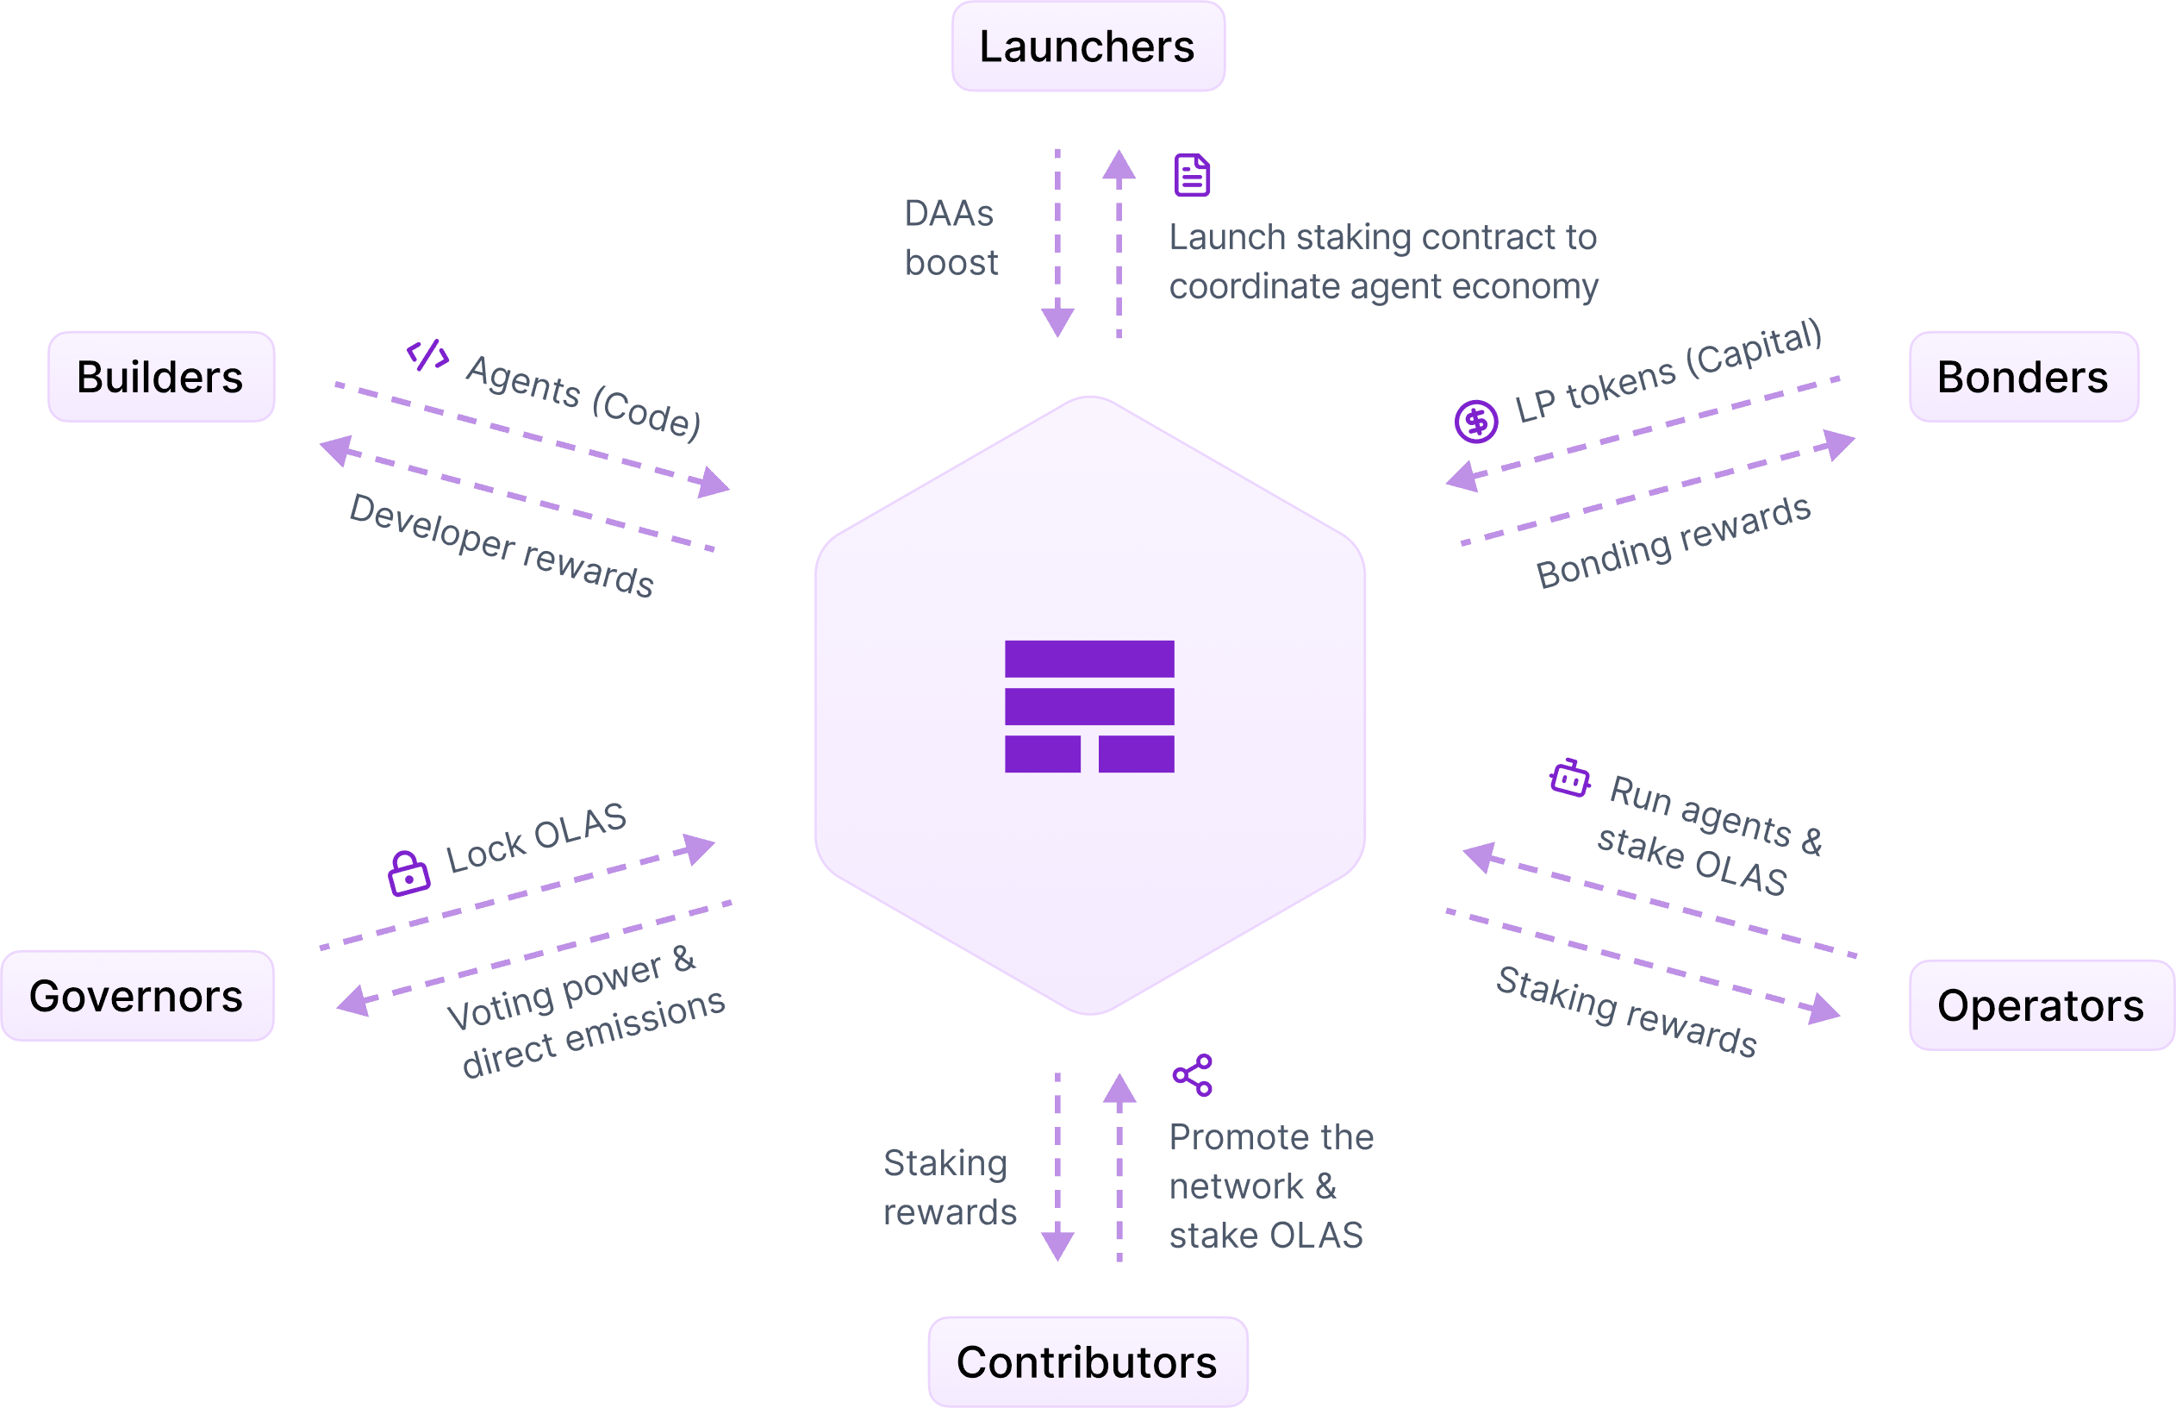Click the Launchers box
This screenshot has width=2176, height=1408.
[x=1088, y=47]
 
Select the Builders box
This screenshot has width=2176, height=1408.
[x=161, y=377]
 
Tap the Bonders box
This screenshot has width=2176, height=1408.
[x=2023, y=377]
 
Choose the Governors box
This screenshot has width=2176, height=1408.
[x=137, y=996]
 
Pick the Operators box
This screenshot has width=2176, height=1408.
[x=2040, y=1005]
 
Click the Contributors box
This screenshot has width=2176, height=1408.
[x=1087, y=1362]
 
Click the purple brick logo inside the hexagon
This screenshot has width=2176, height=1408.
[x=1089, y=707]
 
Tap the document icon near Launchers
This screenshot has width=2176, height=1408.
[x=1192, y=176]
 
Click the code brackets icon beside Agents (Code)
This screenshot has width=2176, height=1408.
[x=427, y=354]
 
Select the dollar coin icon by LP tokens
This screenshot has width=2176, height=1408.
[x=1476, y=422]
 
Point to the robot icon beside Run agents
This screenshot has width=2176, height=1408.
[x=1570, y=778]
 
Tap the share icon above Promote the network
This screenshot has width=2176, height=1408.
[x=1193, y=1075]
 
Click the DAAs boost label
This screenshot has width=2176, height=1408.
[x=951, y=238]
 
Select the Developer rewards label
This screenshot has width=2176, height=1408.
[x=501, y=546]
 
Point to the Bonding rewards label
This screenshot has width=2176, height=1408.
[x=1673, y=543]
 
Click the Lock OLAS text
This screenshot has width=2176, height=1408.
[x=535, y=837]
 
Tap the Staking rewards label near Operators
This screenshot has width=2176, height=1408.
[x=1626, y=1011]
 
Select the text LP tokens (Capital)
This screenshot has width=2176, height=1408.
[x=1668, y=372]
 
